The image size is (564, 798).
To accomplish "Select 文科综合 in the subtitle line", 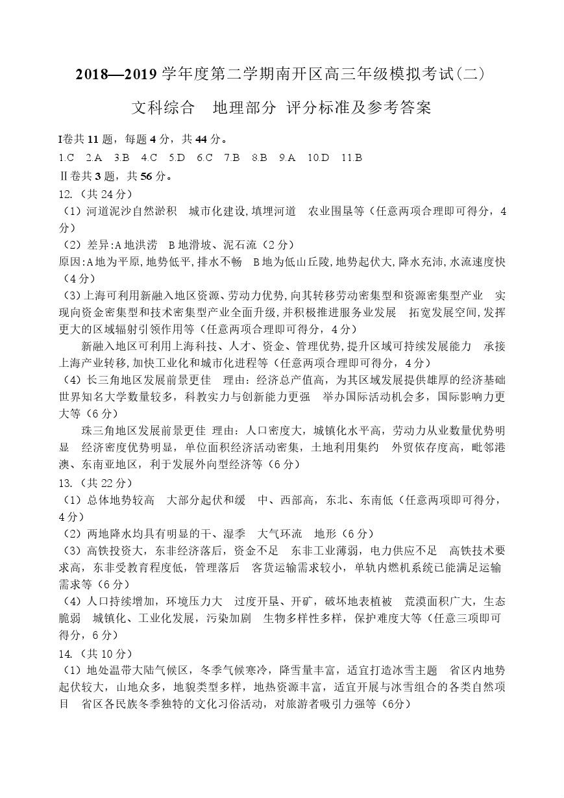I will click(x=163, y=107).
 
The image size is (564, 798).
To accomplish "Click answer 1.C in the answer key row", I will click(x=66, y=157).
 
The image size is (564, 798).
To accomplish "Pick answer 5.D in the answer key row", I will click(x=177, y=157).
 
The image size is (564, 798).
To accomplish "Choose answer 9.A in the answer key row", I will click(x=287, y=157).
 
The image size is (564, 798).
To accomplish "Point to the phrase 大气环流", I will click(x=280, y=534).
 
